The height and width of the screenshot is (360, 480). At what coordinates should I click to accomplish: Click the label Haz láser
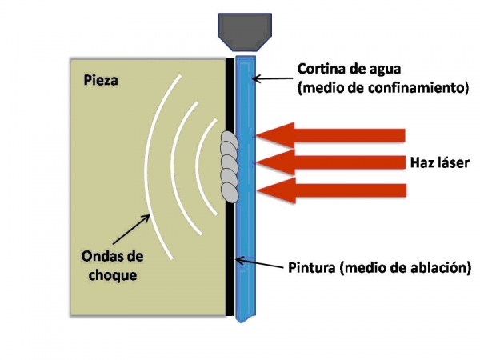click(x=433, y=163)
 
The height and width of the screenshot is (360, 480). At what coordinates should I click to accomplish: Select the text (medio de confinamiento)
click(x=382, y=88)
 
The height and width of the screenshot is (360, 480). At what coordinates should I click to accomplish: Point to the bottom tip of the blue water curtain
click(x=244, y=320)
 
